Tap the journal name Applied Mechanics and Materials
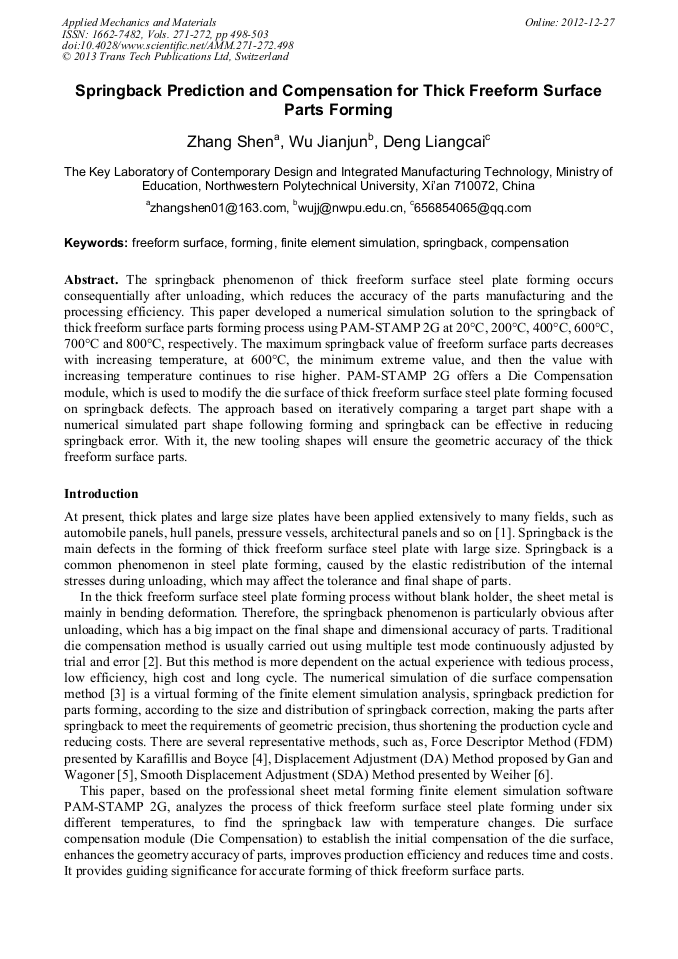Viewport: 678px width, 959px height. click(139, 22)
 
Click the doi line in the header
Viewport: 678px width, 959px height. click(177, 46)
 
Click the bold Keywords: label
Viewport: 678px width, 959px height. click(96, 243)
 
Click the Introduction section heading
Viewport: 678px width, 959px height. click(101, 494)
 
